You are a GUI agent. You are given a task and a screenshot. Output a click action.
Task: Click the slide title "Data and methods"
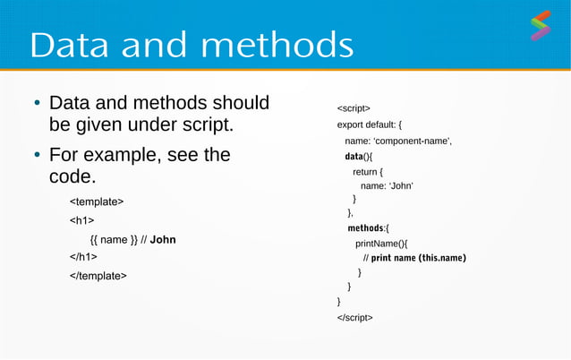pyautogui.click(x=192, y=45)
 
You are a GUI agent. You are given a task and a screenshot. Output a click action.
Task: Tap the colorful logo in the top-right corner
pyautogui.click(x=540, y=26)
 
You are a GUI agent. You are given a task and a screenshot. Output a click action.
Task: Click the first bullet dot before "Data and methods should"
pyautogui.click(x=36, y=104)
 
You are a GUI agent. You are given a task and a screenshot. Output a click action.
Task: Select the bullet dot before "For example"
pyautogui.click(x=36, y=156)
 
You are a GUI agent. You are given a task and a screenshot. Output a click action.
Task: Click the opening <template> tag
pyautogui.click(x=97, y=201)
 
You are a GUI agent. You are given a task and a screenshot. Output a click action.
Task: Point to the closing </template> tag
pyautogui.click(x=98, y=276)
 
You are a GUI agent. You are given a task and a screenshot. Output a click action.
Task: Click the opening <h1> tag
pyautogui.click(x=82, y=220)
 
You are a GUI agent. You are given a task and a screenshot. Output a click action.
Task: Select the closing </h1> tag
pyautogui.click(x=84, y=258)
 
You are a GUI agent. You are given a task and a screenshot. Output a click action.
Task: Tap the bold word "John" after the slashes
pyautogui.click(x=163, y=239)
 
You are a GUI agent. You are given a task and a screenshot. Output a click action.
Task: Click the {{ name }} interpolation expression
pyautogui.click(x=114, y=239)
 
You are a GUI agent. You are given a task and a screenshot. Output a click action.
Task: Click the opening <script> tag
pyautogui.click(x=354, y=108)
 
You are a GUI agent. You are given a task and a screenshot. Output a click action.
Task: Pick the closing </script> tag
pyautogui.click(x=355, y=317)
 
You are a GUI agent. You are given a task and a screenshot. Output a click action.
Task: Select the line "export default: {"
pyautogui.click(x=375, y=124)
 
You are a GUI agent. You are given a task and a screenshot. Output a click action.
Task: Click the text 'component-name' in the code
pyautogui.click(x=413, y=141)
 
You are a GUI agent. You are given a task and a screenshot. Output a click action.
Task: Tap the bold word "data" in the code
pyautogui.click(x=354, y=157)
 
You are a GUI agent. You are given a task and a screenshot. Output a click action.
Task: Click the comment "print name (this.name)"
pyautogui.click(x=419, y=258)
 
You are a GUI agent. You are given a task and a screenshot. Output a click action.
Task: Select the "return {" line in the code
pyautogui.click(x=368, y=172)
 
